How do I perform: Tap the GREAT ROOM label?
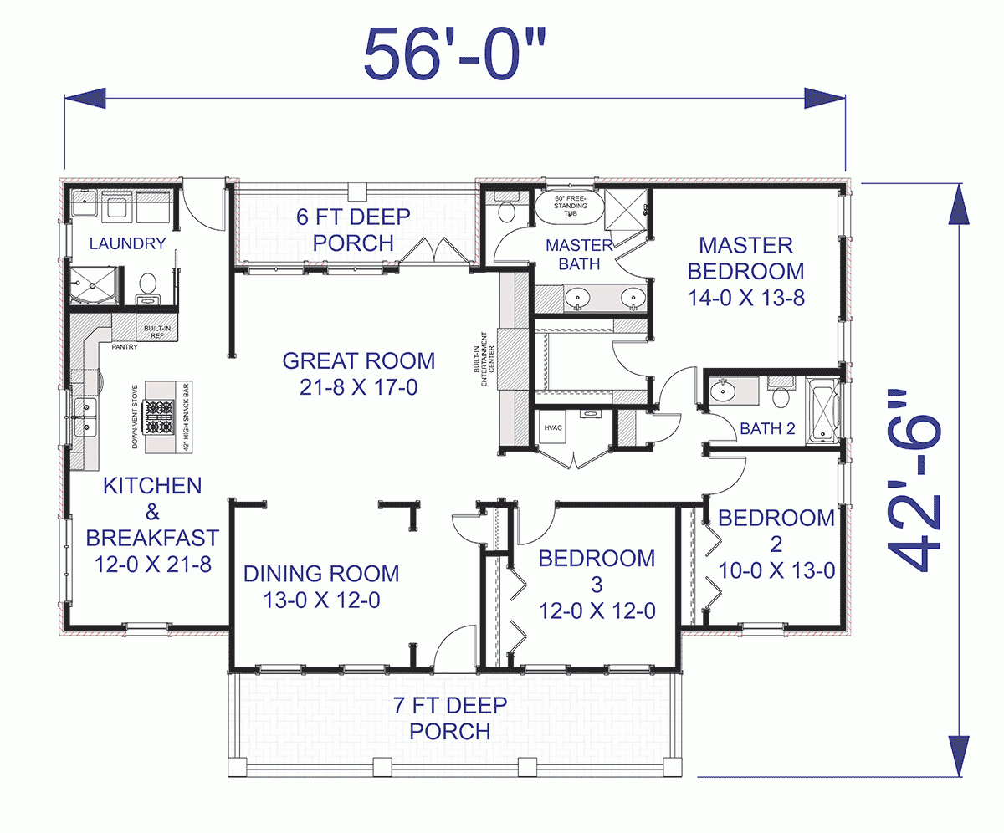(x=358, y=361)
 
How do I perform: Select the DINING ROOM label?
(x=320, y=574)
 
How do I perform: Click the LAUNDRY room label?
(x=127, y=243)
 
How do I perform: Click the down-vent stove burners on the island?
(x=159, y=416)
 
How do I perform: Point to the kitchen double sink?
(x=85, y=416)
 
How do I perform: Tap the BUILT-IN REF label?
(x=157, y=332)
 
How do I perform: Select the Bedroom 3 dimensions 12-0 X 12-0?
(x=596, y=611)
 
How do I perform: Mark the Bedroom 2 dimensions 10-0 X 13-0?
(x=776, y=571)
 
